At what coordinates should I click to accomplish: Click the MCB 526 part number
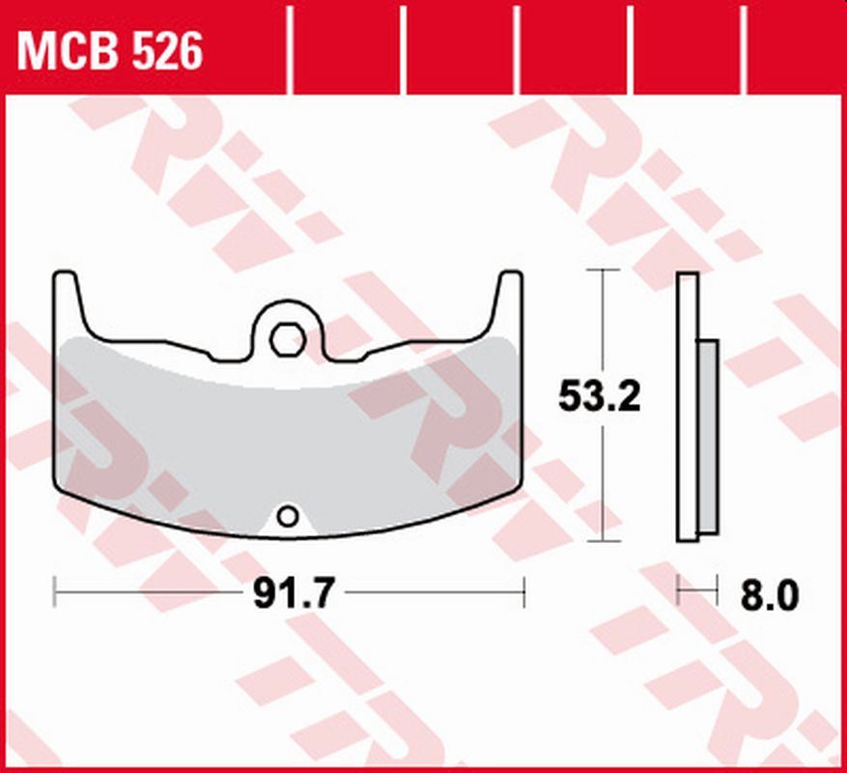(109, 50)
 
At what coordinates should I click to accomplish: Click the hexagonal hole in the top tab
(286, 339)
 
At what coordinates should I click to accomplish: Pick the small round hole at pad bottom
(286, 517)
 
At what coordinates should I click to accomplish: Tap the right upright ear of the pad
(509, 300)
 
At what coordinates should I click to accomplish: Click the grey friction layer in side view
(708, 435)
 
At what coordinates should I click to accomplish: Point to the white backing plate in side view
(687, 406)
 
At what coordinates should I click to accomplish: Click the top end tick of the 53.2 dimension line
(604, 271)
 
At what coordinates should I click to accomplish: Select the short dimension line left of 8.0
(698, 588)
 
